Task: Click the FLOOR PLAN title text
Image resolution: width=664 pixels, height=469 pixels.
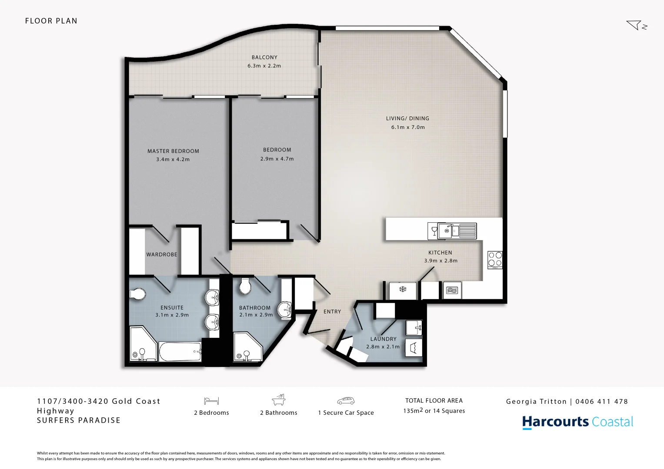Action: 51,21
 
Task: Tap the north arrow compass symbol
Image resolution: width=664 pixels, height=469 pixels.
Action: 637,25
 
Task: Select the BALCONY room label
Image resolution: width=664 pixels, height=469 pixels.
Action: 264,57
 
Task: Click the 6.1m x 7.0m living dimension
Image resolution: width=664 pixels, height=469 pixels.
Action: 408,127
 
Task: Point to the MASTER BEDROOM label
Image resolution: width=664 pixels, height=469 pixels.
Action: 173,151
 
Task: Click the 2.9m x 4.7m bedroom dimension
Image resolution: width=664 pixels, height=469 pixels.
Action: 277,159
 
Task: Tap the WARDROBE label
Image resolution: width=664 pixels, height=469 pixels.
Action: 162,254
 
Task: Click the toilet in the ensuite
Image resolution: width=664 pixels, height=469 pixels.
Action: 137,294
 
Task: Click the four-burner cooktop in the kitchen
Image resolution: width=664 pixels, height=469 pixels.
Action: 495,260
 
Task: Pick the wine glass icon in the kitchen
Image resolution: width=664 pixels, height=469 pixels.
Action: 434,230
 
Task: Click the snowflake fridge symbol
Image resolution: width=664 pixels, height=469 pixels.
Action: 403,290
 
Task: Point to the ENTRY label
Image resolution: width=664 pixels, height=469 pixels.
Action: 332,312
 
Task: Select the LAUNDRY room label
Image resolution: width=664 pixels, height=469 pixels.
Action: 383,339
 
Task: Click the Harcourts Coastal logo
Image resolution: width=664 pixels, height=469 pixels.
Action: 577,422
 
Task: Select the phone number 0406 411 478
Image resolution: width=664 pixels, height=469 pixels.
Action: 601,402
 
